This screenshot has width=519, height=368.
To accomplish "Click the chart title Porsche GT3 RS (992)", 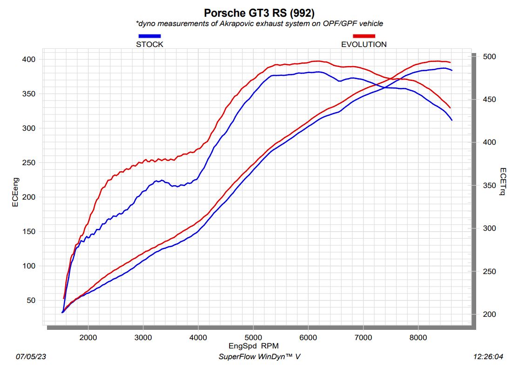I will pos(259,13).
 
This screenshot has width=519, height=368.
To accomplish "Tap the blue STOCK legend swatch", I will pos(149,36).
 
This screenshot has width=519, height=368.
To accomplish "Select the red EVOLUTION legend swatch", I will pos(364,36).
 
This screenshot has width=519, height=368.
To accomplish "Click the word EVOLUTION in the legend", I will pos(364,45).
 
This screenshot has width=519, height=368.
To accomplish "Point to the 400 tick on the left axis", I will pos(29,60).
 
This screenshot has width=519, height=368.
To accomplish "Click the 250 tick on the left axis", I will pos(29,163).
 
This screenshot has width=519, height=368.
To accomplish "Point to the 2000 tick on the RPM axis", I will pos(88,337).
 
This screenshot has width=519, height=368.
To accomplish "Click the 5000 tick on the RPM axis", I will pos(253,337).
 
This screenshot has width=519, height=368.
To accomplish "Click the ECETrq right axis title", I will pos(503,182).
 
